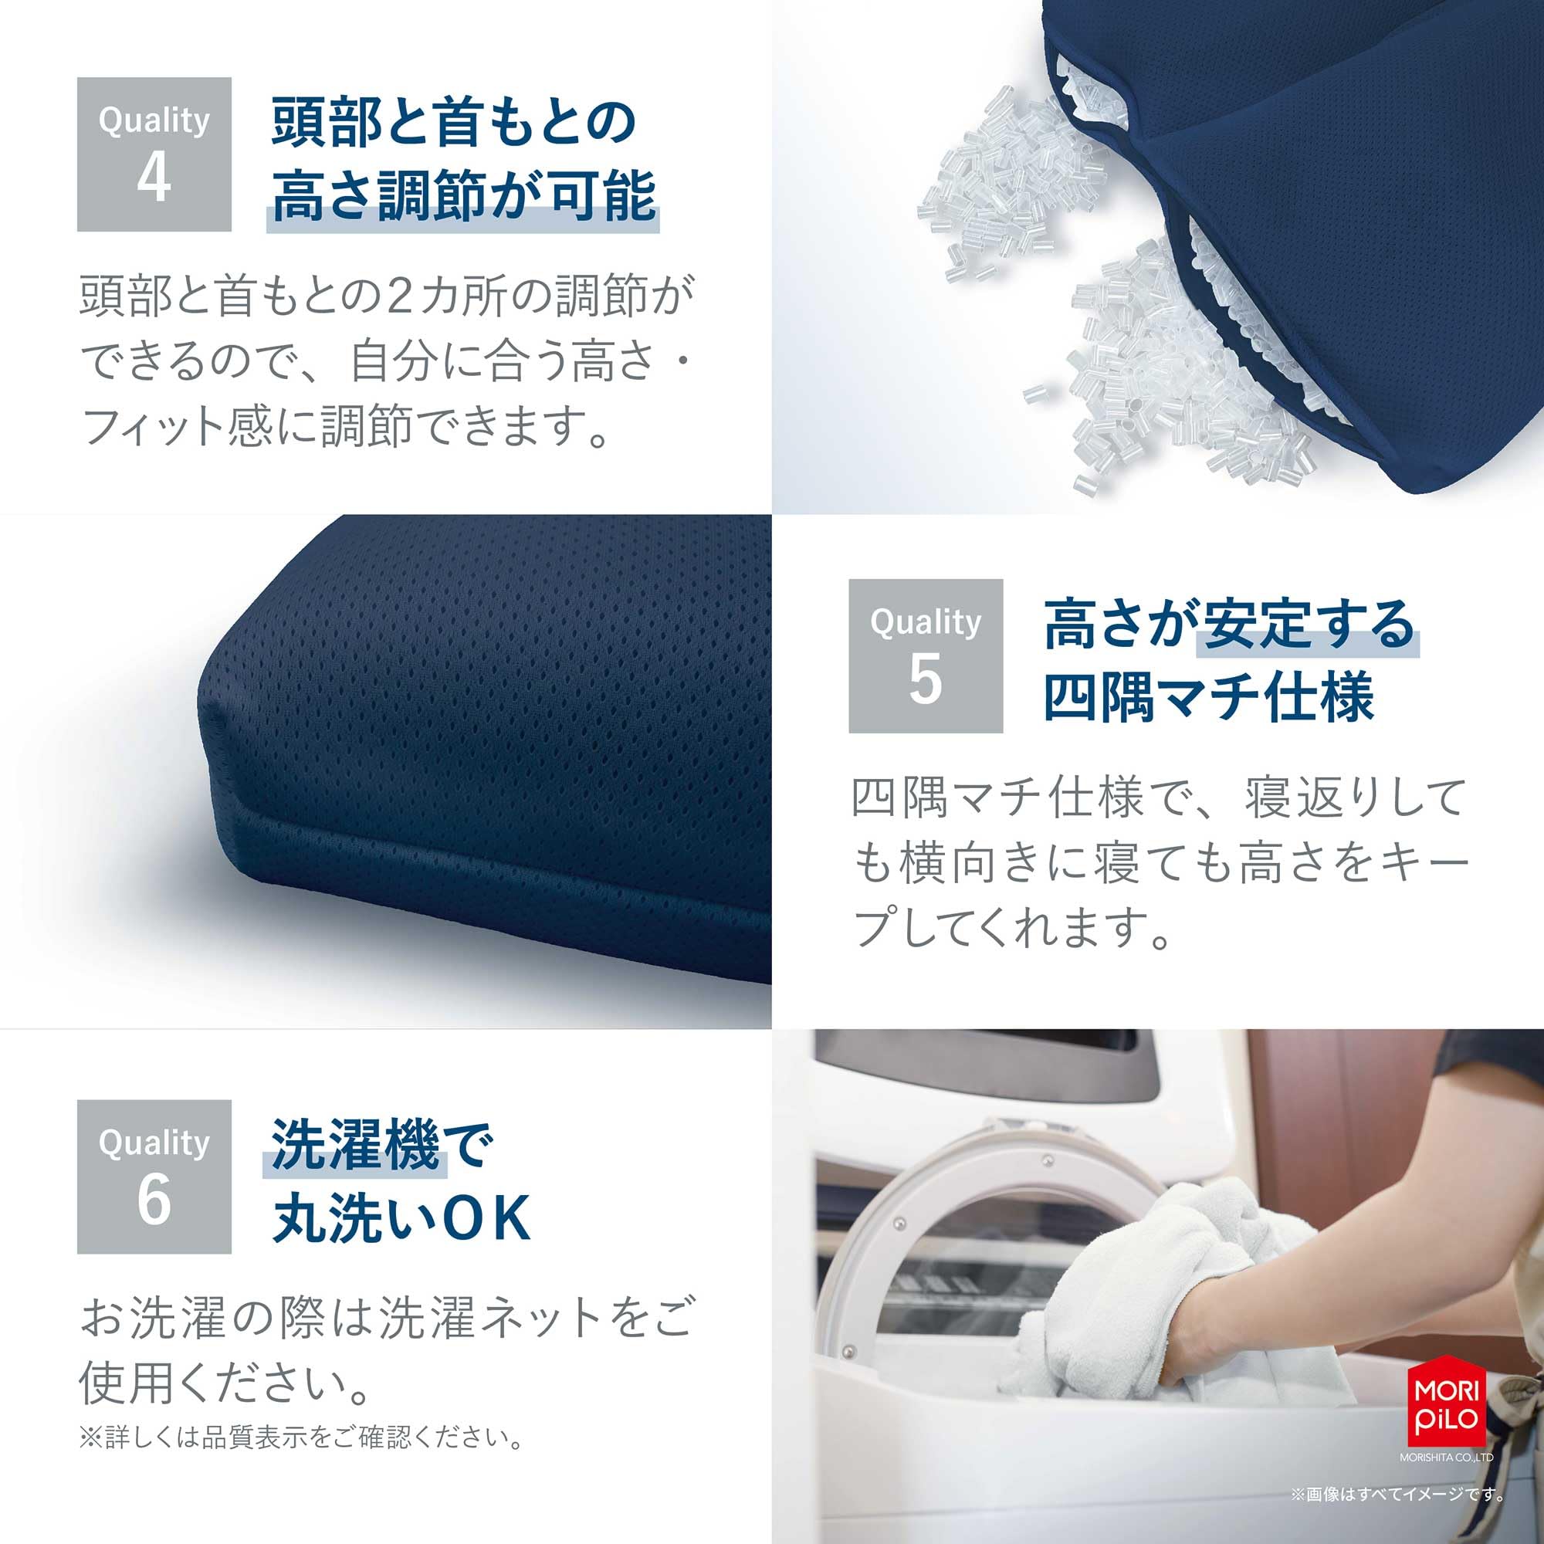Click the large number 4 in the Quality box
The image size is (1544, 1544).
[x=154, y=178]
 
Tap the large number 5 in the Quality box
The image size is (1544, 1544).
[x=925, y=680]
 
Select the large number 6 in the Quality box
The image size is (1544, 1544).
[x=154, y=1200]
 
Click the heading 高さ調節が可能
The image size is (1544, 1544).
[x=463, y=196]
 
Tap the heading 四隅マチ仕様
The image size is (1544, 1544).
[x=1208, y=698]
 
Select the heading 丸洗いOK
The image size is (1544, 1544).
[x=401, y=1218]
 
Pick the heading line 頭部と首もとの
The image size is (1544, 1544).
[x=453, y=124]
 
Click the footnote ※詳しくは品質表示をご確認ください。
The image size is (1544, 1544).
[x=302, y=1437]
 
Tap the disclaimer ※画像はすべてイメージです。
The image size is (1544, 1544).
[x=1397, y=1494]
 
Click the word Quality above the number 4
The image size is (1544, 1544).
[x=154, y=120]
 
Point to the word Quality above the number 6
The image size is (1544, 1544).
[x=154, y=1143]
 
